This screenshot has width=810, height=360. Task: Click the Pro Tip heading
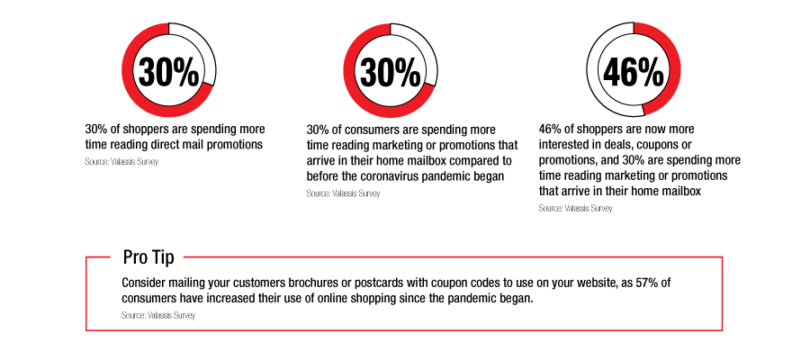148,256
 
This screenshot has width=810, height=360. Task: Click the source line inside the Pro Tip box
158,315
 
